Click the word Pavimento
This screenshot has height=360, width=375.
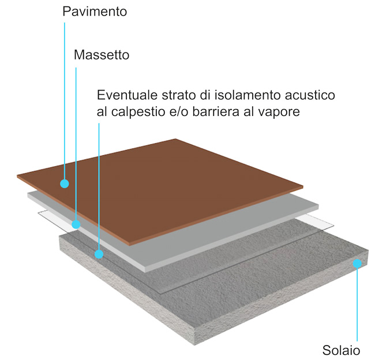95,12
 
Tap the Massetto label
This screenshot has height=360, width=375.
102,55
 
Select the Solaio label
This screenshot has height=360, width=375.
341,350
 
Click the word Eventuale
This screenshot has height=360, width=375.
127,95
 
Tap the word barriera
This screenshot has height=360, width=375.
216,111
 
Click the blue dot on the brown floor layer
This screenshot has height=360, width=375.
65,183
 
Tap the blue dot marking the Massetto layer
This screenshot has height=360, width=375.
76,224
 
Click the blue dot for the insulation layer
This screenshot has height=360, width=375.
99,254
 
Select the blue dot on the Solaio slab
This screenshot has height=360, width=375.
357,263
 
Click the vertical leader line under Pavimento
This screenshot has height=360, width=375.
65,101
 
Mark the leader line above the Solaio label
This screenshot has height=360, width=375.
357,304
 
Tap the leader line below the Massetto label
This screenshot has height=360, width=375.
76,144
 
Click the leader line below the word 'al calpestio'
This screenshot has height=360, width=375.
99,186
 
